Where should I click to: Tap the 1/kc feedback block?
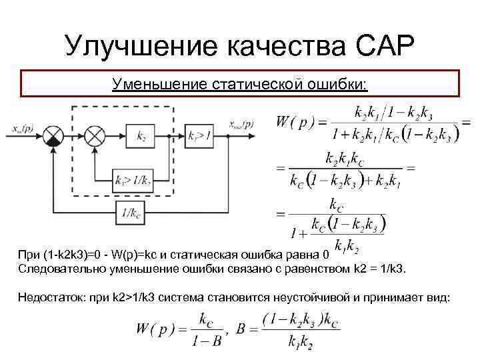pos(128,213)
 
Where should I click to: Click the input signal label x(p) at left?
pos(24,127)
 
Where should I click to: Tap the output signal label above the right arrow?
pos(240,124)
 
